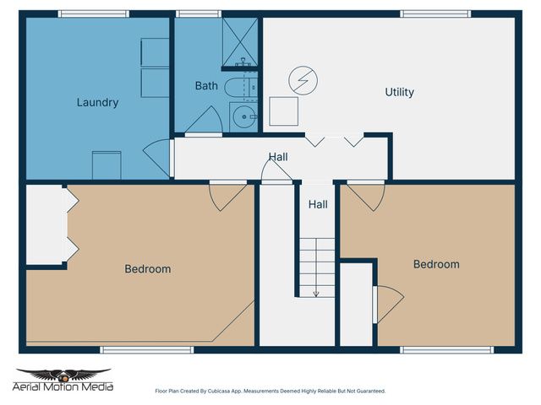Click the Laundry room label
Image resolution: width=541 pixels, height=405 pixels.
tap(97, 103)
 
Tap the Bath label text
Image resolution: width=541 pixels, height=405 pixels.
tap(206, 85)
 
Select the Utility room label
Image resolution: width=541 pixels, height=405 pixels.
tap(399, 92)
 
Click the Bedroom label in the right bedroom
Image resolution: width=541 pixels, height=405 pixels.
tap(436, 264)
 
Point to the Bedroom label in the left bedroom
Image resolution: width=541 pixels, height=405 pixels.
tap(148, 269)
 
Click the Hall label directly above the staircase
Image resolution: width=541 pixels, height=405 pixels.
tap(318, 204)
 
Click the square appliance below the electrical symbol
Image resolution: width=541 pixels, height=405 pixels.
tap(283, 111)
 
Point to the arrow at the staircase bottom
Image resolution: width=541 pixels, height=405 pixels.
tap(316, 293)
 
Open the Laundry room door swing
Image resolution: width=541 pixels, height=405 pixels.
tap(158, 158)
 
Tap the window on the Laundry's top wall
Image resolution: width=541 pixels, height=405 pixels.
tap(93, 14)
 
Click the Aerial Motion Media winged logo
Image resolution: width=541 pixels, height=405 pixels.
tap(64, 375)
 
